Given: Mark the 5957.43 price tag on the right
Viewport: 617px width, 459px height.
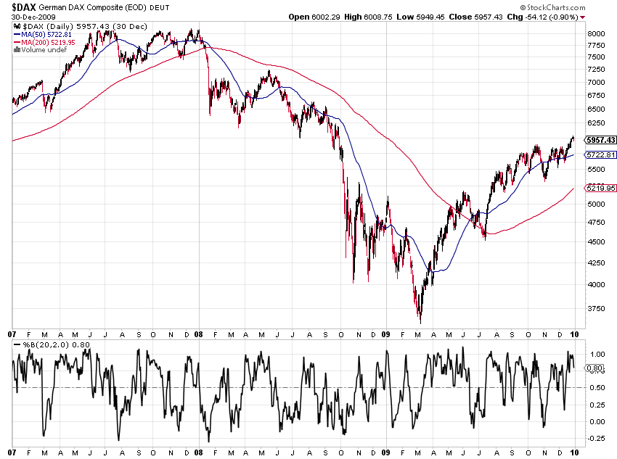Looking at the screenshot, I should click(x=601, y=140).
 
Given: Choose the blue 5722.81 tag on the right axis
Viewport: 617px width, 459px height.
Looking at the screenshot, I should click(x=601, y=154).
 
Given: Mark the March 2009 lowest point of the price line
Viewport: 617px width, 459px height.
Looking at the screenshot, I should click(x=420, y=323).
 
